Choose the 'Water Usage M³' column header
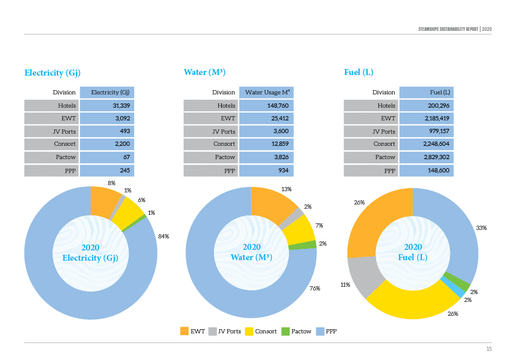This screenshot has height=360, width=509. click(x=267, y=93)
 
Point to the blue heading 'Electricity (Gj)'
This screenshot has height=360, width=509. click(x=53, y=73)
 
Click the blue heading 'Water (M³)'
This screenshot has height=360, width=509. click(x=204, y=73)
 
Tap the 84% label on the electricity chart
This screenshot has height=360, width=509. click(x=163, y=237)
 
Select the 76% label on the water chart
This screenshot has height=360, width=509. click(x=314, y=288)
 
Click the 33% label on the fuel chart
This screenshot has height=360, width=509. click(x=481, y=228)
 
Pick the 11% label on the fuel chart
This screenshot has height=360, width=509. click(x=345, y=284)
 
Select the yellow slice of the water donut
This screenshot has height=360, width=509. click(x=299, y=229)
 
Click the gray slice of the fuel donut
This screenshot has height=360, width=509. click(x=365, y=276)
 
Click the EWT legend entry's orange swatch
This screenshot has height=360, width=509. click(x=184, y=331)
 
